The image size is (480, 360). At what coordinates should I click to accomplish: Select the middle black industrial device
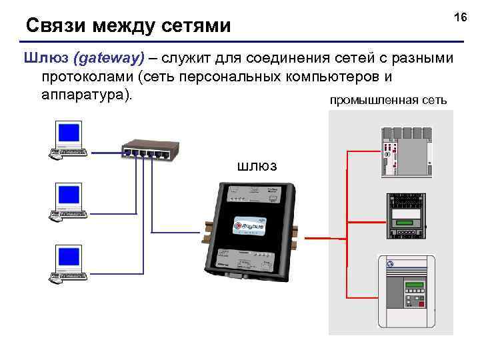point(406,215)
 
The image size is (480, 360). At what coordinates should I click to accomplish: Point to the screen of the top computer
point(69,133)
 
